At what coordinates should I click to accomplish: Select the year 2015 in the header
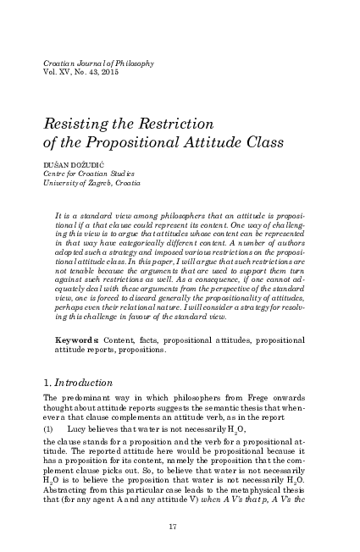click(115, 74)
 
